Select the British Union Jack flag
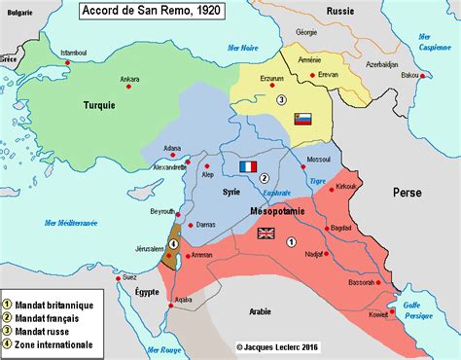[x=265, y=233]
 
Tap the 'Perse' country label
[x=408, y=193]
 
